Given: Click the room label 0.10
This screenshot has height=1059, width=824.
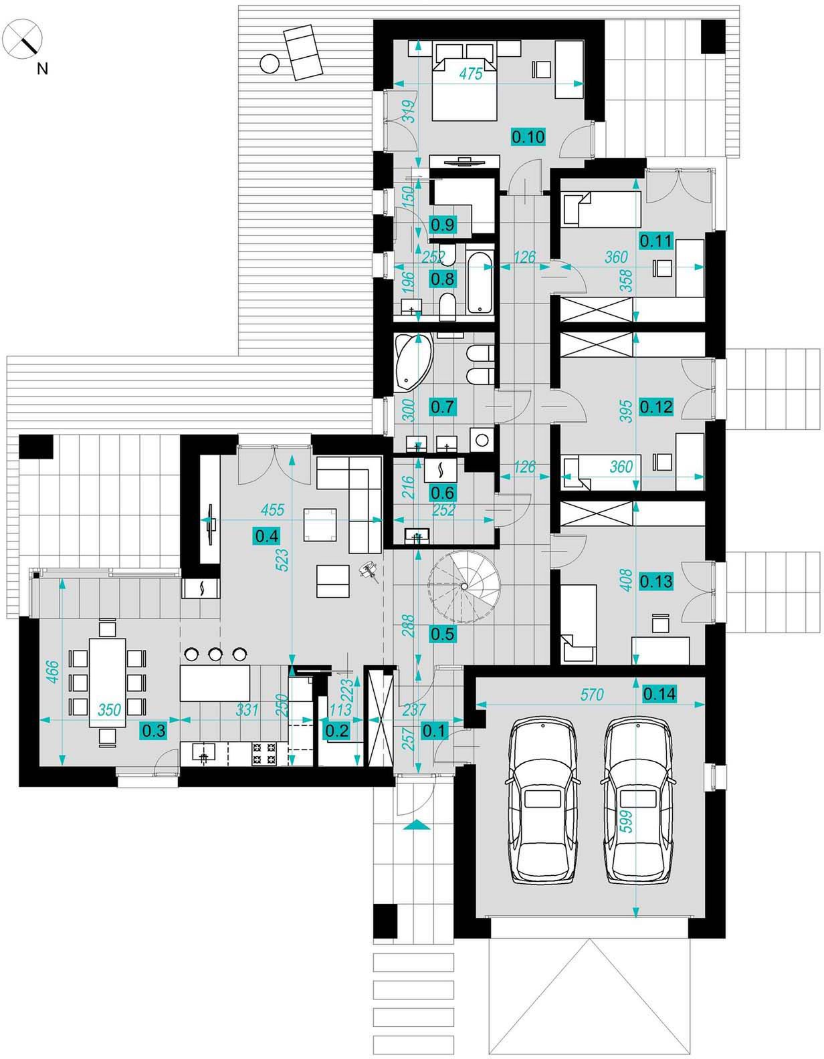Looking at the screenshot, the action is pyautogui.click(x=528, y=136).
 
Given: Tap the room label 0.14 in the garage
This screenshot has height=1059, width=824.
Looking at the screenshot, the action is pyautogui.click(x=659, y=693).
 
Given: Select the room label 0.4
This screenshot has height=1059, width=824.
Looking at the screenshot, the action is pyautogui.click(x=267, y=536).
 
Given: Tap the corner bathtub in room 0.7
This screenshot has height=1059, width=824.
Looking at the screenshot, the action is pyautogui.click(x=413, y=362).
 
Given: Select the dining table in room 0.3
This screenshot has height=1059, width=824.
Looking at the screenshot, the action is pyautogui.click(x=108, y=683).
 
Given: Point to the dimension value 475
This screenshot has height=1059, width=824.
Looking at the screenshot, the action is pyautogui.click(x=471, y=74).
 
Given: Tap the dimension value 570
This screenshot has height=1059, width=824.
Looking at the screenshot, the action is pyautogui.click(x=592, y=694).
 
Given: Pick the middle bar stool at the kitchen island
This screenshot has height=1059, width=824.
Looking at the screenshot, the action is pyautogui.click(x=215, y=654).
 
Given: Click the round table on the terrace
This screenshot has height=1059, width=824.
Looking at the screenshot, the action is pyautogui.click(x=269, y=63).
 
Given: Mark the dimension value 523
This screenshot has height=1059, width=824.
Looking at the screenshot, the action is pyautogui.click(x=283, y=560).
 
